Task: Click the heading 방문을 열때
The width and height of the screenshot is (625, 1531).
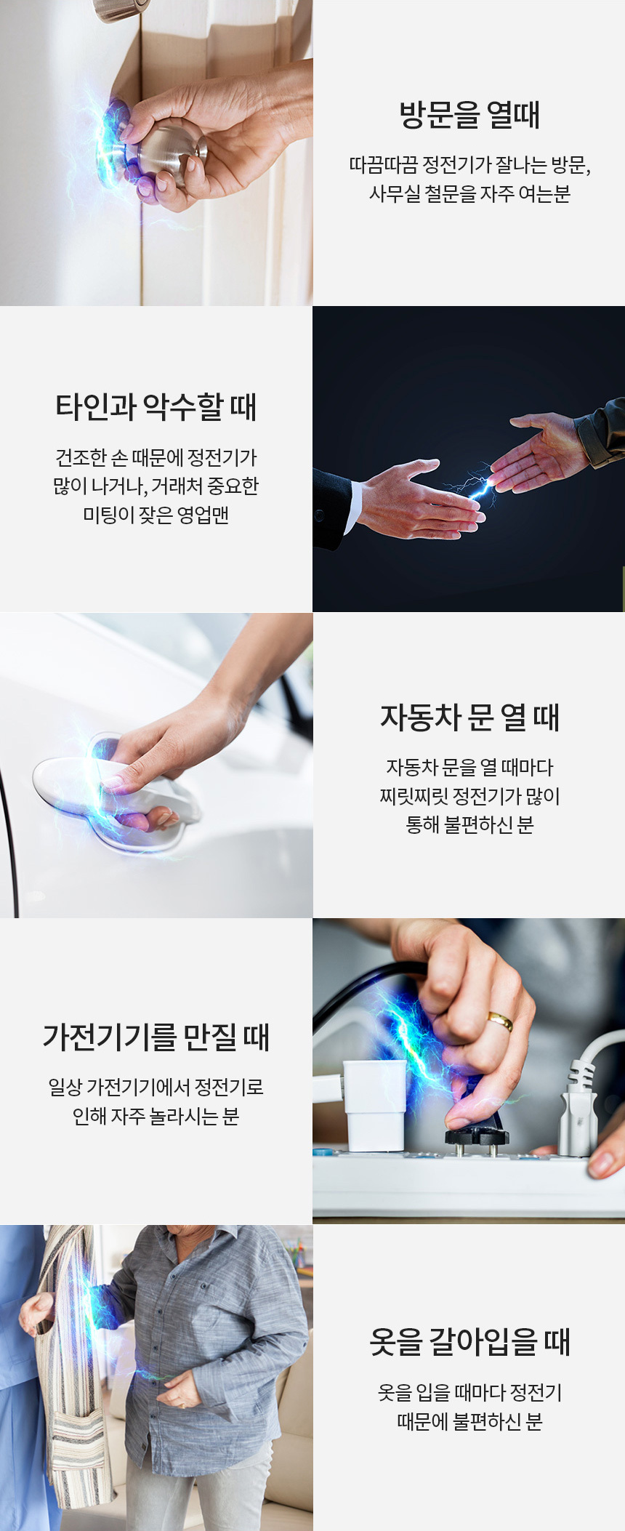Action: coord(469,115)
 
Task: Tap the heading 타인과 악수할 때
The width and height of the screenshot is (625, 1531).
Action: coord(156,407)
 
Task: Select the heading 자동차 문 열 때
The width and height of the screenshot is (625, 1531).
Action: coord(469,718)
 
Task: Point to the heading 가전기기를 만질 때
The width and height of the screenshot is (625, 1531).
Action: coord(156,1037)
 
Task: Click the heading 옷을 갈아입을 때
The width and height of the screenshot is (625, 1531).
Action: coord(469,1342)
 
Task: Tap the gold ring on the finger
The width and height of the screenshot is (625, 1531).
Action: coord(501,1021)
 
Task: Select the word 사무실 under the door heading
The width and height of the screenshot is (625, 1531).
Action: coord(395,194)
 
